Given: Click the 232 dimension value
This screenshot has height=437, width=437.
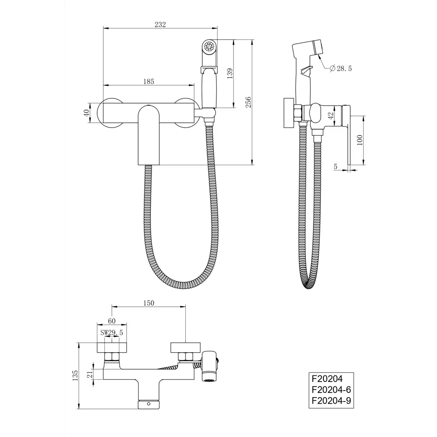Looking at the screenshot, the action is tap(160, 24).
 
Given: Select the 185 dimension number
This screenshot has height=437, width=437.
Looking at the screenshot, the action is tap(149, 81).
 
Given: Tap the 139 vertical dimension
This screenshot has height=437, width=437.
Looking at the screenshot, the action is tap(230, 73).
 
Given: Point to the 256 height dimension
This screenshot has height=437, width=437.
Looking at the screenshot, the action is tap(248, 102).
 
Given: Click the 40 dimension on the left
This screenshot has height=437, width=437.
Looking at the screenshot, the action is tap(86, 113).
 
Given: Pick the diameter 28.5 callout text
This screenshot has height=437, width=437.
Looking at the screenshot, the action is tap(340, 68).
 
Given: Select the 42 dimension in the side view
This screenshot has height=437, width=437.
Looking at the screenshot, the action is tap(331, 115).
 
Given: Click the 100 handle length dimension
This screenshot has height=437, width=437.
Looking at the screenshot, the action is tap(360, 140).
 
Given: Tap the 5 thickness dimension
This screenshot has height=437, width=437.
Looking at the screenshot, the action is tap(336, 166).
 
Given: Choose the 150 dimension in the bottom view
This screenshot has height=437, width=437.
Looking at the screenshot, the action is tap(149, 303).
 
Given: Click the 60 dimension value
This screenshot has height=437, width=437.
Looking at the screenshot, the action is tap(112, 321).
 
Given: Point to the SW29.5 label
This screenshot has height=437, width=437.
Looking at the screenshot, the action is tap(111, 333).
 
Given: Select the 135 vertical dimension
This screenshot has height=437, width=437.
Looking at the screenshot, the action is tap(75, 376).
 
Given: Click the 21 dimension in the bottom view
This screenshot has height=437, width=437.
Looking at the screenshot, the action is tap(90, 375).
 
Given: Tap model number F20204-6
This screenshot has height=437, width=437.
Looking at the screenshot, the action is tap(331, 389).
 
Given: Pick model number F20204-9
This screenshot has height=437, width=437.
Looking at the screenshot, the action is tap(331, 400).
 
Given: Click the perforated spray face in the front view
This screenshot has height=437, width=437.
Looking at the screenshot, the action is tap(209, 46).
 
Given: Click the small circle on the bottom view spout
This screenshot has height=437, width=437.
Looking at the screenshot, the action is tap(149, 403).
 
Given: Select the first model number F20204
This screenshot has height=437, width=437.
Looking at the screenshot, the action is tap(327, 378).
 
